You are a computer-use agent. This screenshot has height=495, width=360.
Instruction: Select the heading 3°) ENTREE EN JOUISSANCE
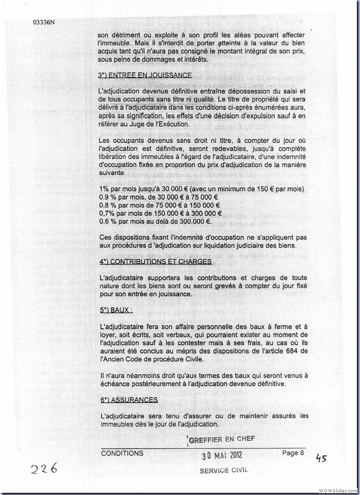pyautogui.click(x=144, y=76)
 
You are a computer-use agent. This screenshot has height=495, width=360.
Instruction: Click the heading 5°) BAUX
pyautogui.click(x=117, y=310)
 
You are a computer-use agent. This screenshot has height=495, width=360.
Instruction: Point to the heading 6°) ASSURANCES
pyautogui.click(x=129, y=400)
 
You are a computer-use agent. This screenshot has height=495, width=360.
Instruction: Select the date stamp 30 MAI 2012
pyautogui.click(x=221, y=455)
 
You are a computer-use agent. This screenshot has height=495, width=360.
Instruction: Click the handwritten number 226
pyautogui.click(x=44, y=469)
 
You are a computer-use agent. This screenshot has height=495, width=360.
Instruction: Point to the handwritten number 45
pyautogui.click(x=321, y=459)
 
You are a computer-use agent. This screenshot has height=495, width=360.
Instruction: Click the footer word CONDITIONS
pyautogui.click(x=122, y=454)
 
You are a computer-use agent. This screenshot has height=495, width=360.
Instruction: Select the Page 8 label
pyautogui.click(x=293, y=453)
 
